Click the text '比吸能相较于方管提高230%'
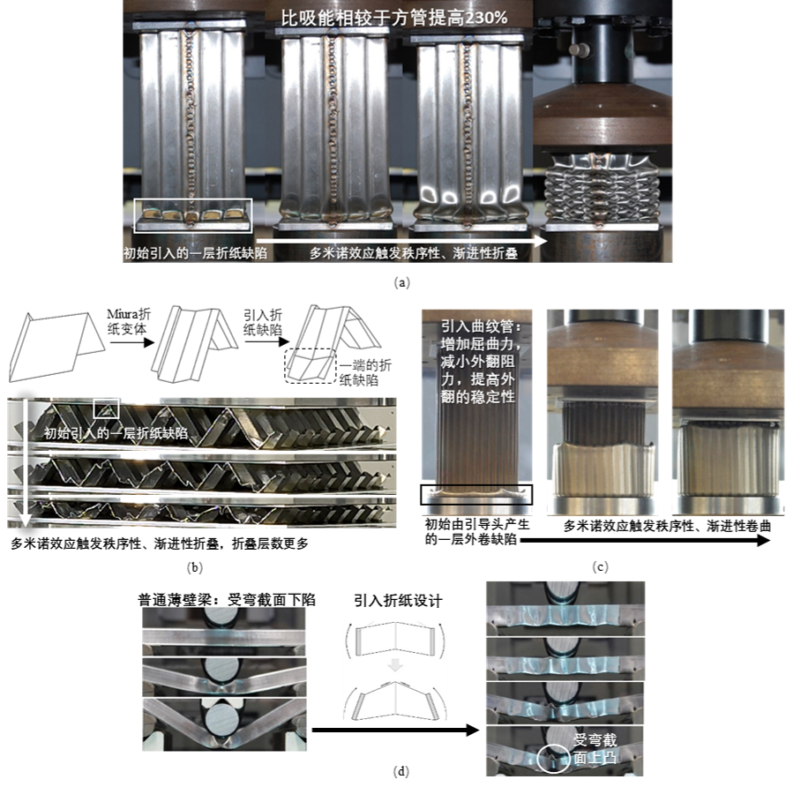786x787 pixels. tap(394, 18)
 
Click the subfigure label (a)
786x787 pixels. tap(402, 282)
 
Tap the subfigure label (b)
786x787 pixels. tap(194, 567)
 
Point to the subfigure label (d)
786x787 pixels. tap(401, 771)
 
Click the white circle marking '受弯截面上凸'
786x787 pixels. tap(554, 757)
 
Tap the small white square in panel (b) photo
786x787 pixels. tap(107, 408)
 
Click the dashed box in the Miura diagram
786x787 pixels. tap(311, 366)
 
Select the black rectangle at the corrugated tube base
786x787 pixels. tap(476, 494)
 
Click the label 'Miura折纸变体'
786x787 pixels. tap(129, 322)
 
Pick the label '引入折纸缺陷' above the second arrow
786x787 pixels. tap(263, 322)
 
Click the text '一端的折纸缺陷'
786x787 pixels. tap(365, 372)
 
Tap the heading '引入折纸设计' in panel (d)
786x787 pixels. tap(398, 600)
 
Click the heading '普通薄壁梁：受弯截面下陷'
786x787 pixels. tap(227, 599)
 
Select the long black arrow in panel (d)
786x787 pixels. tap(395, 730)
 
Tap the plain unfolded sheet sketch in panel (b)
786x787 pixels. tap(56, 347)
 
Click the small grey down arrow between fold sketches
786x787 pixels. tap(395, 664)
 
